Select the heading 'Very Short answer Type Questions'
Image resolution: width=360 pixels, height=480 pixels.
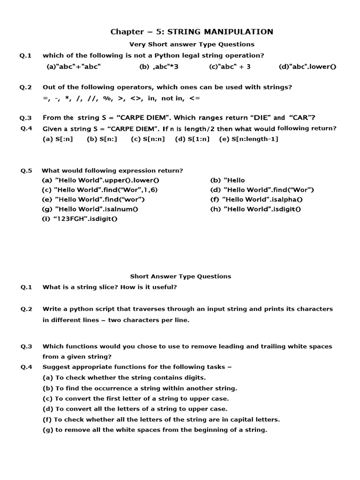192,44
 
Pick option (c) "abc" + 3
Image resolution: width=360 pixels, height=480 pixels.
230,67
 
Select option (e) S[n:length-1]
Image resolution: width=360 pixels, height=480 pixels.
248,139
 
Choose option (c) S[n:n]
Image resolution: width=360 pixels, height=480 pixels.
148,139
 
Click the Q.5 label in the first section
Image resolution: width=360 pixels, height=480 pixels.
26,171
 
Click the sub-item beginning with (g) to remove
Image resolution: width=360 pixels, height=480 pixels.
155,430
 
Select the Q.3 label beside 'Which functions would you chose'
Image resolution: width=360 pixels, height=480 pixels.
26,346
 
